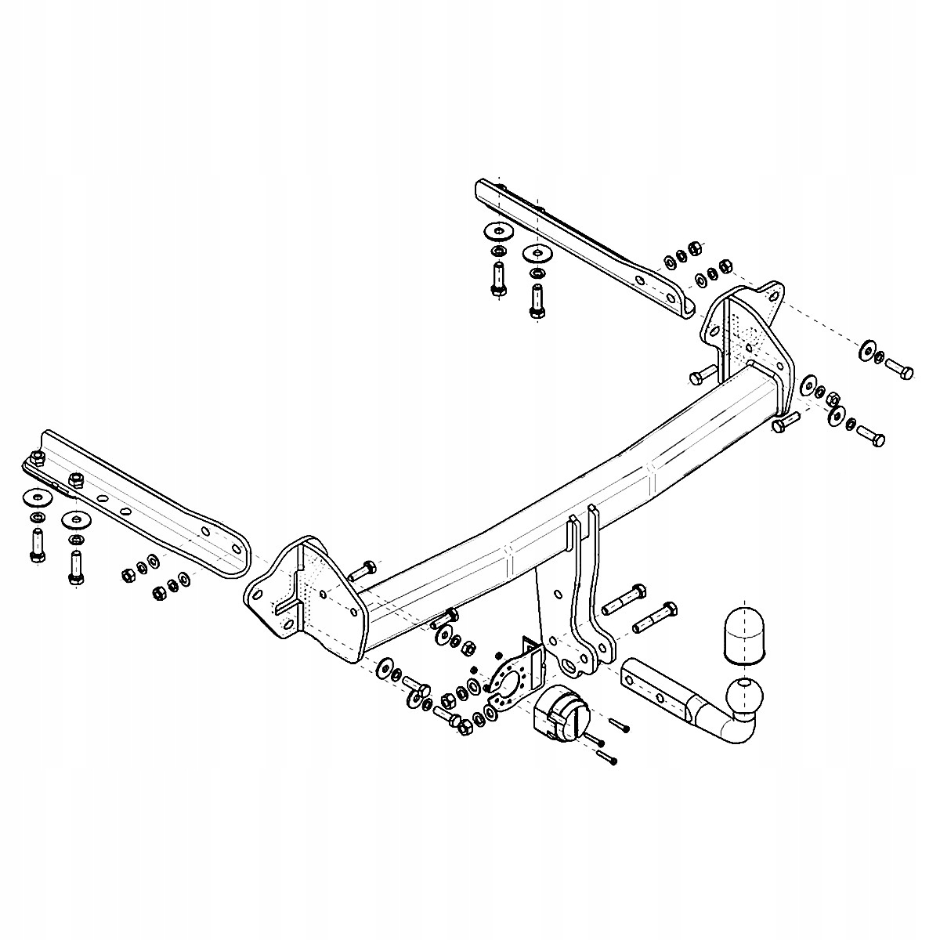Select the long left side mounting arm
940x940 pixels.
point(141,501)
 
